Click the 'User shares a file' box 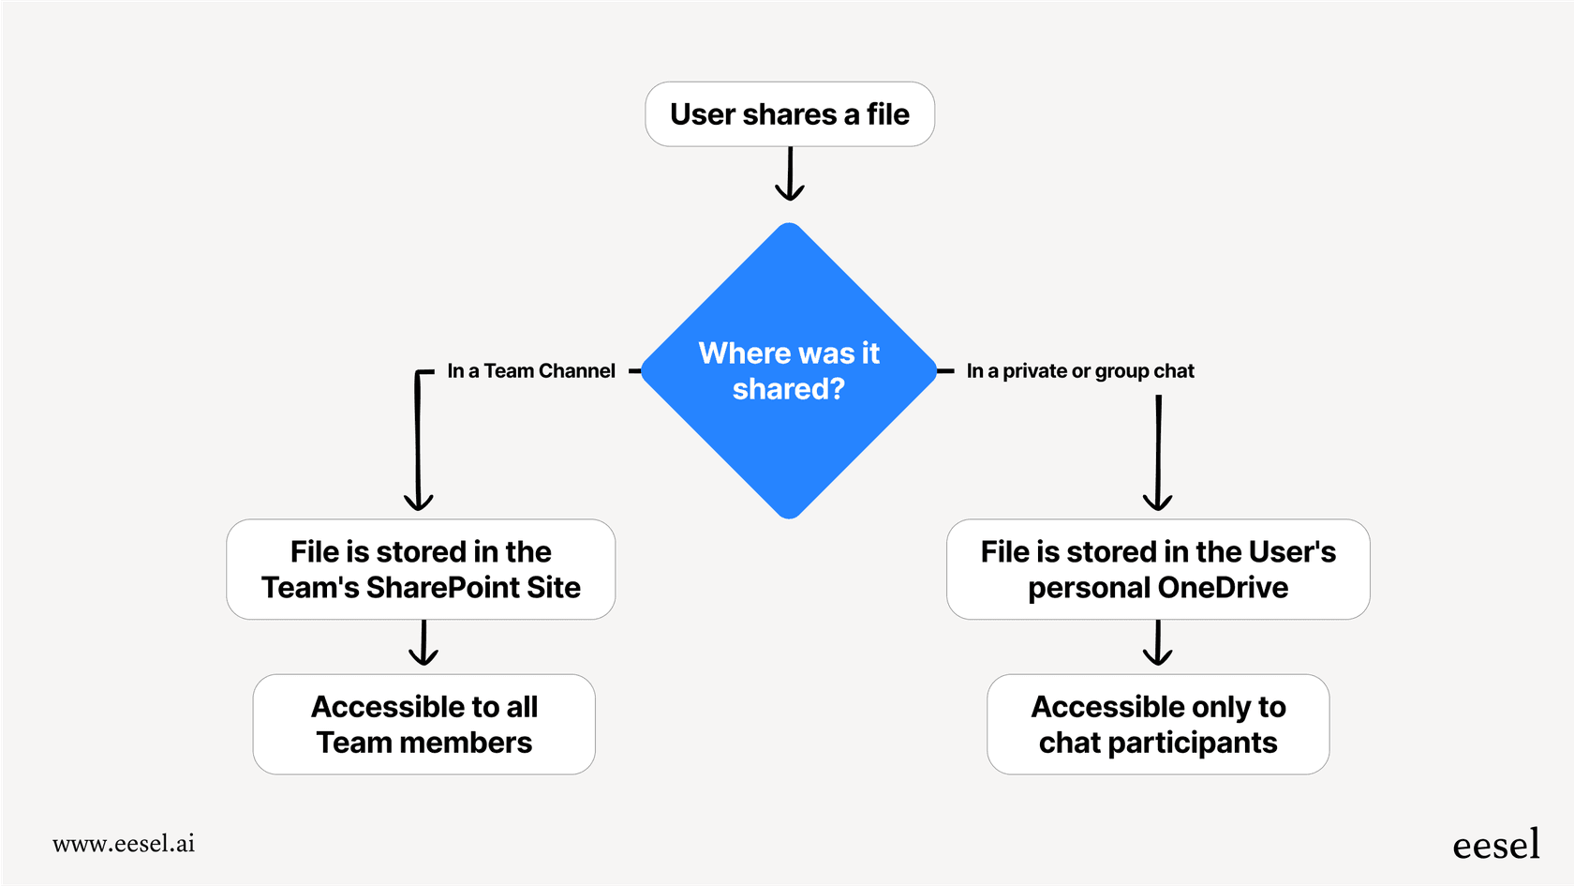tap(790, 114)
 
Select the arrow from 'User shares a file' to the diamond tap(790, 174)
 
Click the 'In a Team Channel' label tap(531, 371)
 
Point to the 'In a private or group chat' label tap(1080, 371)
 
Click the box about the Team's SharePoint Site tap(421, 569)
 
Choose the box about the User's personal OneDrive tap(1158, 569)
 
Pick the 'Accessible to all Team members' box tap(423, 724)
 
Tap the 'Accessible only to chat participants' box tap(1158, 724)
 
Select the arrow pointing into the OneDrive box tap(1158, 455)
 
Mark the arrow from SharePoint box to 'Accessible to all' tap(423, 643)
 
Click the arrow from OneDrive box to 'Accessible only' tap(1158, 643)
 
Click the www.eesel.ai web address tap(124, 844)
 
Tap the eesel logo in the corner tap(1495, 845)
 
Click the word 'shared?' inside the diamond tap(789, 389)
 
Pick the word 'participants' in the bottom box tap(1192, 743)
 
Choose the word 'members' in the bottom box tap(466, 743)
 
